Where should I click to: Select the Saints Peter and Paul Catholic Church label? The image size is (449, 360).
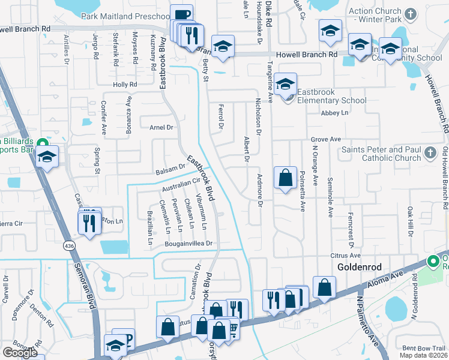tap(382, 154)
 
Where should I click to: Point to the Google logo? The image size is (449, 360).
tap(20, 353)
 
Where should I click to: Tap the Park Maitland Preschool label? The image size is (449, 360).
tap(126, 16)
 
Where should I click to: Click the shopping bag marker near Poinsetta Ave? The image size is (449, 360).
tap(285, 178)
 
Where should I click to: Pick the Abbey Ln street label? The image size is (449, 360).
tap(334, 113)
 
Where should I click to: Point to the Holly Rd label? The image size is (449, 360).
tap(125, 85)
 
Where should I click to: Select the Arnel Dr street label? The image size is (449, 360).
tap(161, 127)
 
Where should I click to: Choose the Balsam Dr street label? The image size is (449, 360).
tap(171, 169)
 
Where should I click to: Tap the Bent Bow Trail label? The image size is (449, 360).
tap(424, 348)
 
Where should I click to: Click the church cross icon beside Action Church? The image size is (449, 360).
tap(411, 13)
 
